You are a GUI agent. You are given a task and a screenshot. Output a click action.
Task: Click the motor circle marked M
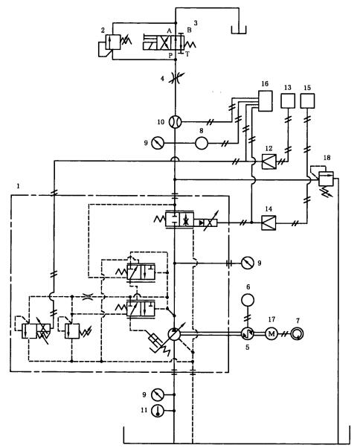click(x=271, y=333)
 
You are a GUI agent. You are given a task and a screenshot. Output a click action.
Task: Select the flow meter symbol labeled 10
click(x=176, y=122)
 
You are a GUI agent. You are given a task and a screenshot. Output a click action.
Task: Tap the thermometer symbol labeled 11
click(x=157, y=411)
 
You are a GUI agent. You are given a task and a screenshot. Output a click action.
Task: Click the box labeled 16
click(x=266, y=101)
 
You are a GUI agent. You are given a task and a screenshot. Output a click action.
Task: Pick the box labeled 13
click(x=288, y=101)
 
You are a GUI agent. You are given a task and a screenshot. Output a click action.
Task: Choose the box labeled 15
click(x=307, y=101)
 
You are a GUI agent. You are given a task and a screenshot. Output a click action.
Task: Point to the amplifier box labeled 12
click(x=269, y=161)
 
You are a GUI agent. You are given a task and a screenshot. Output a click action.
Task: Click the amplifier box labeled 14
click(x=269, y=223)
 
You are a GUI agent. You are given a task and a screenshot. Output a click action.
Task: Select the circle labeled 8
click(x=202, y=143)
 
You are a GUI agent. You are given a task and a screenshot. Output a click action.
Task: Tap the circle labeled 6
click(x=248, y=300)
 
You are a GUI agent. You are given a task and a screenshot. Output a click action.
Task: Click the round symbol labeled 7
click(x=298, y=333)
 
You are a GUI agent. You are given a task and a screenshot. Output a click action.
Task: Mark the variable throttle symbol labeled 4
click(x=176, y=78)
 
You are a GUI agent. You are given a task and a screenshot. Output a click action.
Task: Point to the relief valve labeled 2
click(x=113, y=42)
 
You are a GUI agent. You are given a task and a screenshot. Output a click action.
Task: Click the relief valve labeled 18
click(x=326, y=179)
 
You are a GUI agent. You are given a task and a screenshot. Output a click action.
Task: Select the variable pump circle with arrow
click(x=174, y=333)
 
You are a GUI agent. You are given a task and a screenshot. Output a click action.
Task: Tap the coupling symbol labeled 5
click(x=246, y=333)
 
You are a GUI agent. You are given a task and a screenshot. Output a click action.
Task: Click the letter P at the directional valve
click(x=170, y=55)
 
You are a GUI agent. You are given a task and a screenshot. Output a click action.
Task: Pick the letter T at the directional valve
click(x=187, y=54)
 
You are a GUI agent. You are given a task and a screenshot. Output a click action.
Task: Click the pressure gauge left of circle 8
click(x=157, y=143)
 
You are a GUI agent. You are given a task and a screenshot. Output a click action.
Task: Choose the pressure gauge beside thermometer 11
click(x=157, y=394)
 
